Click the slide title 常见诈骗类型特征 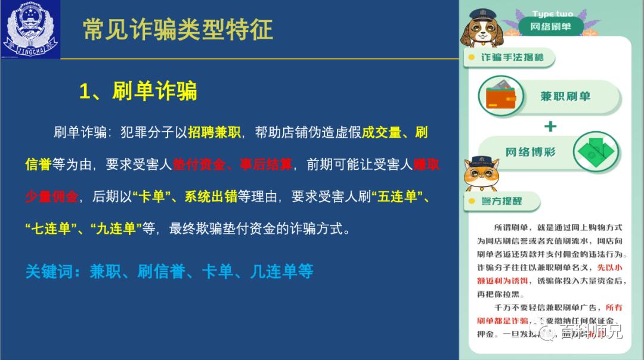pyautogui.click(x=178, y=29)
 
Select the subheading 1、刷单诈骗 pyautogui.click(x=138, y=91)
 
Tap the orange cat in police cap pyautogui.click(x=480, y=173)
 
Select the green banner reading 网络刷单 pyautogui.click(x=550, y=27)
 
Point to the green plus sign pyautogui.click(x=550, y=126)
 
